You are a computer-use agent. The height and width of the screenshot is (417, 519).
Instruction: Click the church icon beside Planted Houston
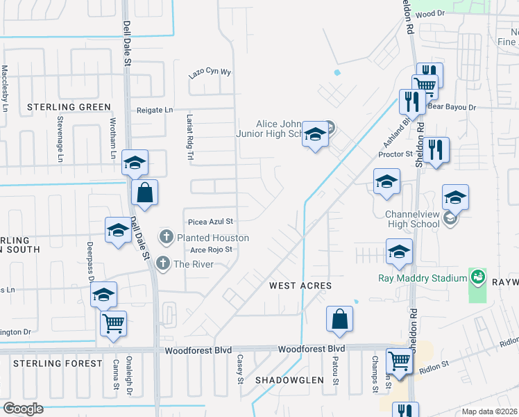coord(167,238)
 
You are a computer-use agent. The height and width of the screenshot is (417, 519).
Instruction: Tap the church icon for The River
coord(163,263)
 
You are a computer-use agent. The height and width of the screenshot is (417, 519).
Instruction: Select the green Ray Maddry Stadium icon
coord(477,278)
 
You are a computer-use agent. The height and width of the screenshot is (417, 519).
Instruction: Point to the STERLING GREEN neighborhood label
coord(69,107)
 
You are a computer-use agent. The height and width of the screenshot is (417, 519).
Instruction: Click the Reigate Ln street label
coord(155,110)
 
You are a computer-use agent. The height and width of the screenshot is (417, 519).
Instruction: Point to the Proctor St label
coord(395,154)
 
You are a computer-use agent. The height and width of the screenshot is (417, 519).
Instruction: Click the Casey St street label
coord(241,369)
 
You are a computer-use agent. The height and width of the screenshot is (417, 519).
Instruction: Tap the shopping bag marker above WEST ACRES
coord(340,319)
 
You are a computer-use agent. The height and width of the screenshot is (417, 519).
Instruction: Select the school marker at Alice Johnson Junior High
coord(314,133)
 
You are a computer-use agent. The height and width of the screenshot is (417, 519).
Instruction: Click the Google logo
coord(23,409)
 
